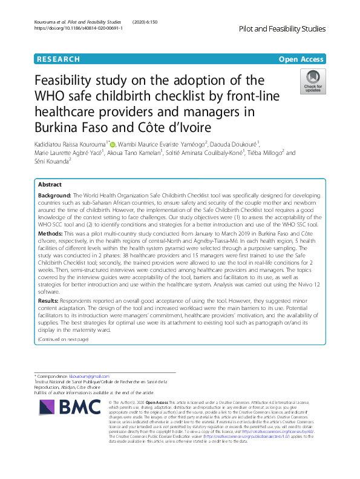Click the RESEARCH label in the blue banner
point(58,59)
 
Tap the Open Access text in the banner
point(301,59)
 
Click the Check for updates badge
point(312,84)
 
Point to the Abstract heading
point(50,184)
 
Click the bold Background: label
point(54,196)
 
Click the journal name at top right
point(282,28)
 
